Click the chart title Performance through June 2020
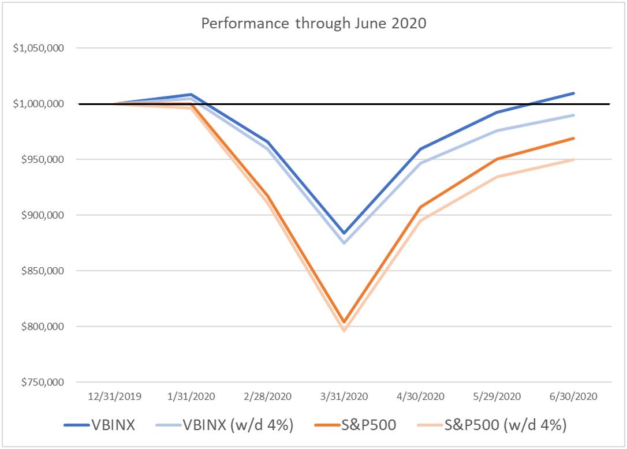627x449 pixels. [x=313, y=25]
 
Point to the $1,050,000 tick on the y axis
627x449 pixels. [x=38, y=48]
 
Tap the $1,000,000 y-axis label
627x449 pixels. [x=38, y=104]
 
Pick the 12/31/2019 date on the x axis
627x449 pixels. [x=114, y=396]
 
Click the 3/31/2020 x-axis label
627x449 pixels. [x=344, y=396]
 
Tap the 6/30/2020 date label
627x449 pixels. [x=573, y=396]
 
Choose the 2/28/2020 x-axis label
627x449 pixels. [x=267, y=396]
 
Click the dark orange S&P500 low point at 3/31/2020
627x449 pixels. [x=344, y=322]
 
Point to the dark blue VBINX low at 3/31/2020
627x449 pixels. [x=344, y=233]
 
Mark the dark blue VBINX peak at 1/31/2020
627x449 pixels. [x=191, y=94]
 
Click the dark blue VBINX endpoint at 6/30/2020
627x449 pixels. [x=573, y=93]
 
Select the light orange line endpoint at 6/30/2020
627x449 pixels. [x=573, y=160]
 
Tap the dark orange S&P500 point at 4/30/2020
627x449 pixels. [x=420, y=207]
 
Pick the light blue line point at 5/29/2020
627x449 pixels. [x=497, y=130]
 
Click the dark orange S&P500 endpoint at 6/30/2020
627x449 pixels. [x=573, y=138]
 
